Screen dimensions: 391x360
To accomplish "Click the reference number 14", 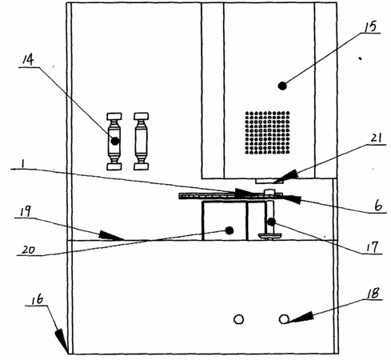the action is (x=28, y=60).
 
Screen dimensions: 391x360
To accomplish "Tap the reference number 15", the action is (x=370, y=27).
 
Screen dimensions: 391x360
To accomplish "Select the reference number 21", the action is (x=376, y=138).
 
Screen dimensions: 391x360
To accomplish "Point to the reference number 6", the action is (x=378, y=206).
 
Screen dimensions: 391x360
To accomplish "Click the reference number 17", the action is (x=373, y=247).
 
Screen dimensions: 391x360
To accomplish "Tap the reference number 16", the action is (x=38, y=299).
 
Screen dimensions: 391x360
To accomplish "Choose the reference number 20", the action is (x=28, y=250).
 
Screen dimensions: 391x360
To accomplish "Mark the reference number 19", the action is (x=26, y=211).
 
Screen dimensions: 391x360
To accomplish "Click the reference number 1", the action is (x=23, y=164).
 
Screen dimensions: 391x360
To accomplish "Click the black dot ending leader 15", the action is (x=282, y=86).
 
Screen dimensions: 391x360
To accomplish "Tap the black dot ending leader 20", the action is (x=229, y=230).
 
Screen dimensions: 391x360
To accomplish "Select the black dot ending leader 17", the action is (x=271, y=222).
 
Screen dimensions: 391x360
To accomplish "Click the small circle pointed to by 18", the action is (x=284, y=319).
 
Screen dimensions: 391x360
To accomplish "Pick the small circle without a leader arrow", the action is (x=238, y=319).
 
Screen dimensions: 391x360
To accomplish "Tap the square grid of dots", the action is (x=267, y=133).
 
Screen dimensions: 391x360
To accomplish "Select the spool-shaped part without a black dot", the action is (x=141, y=142).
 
